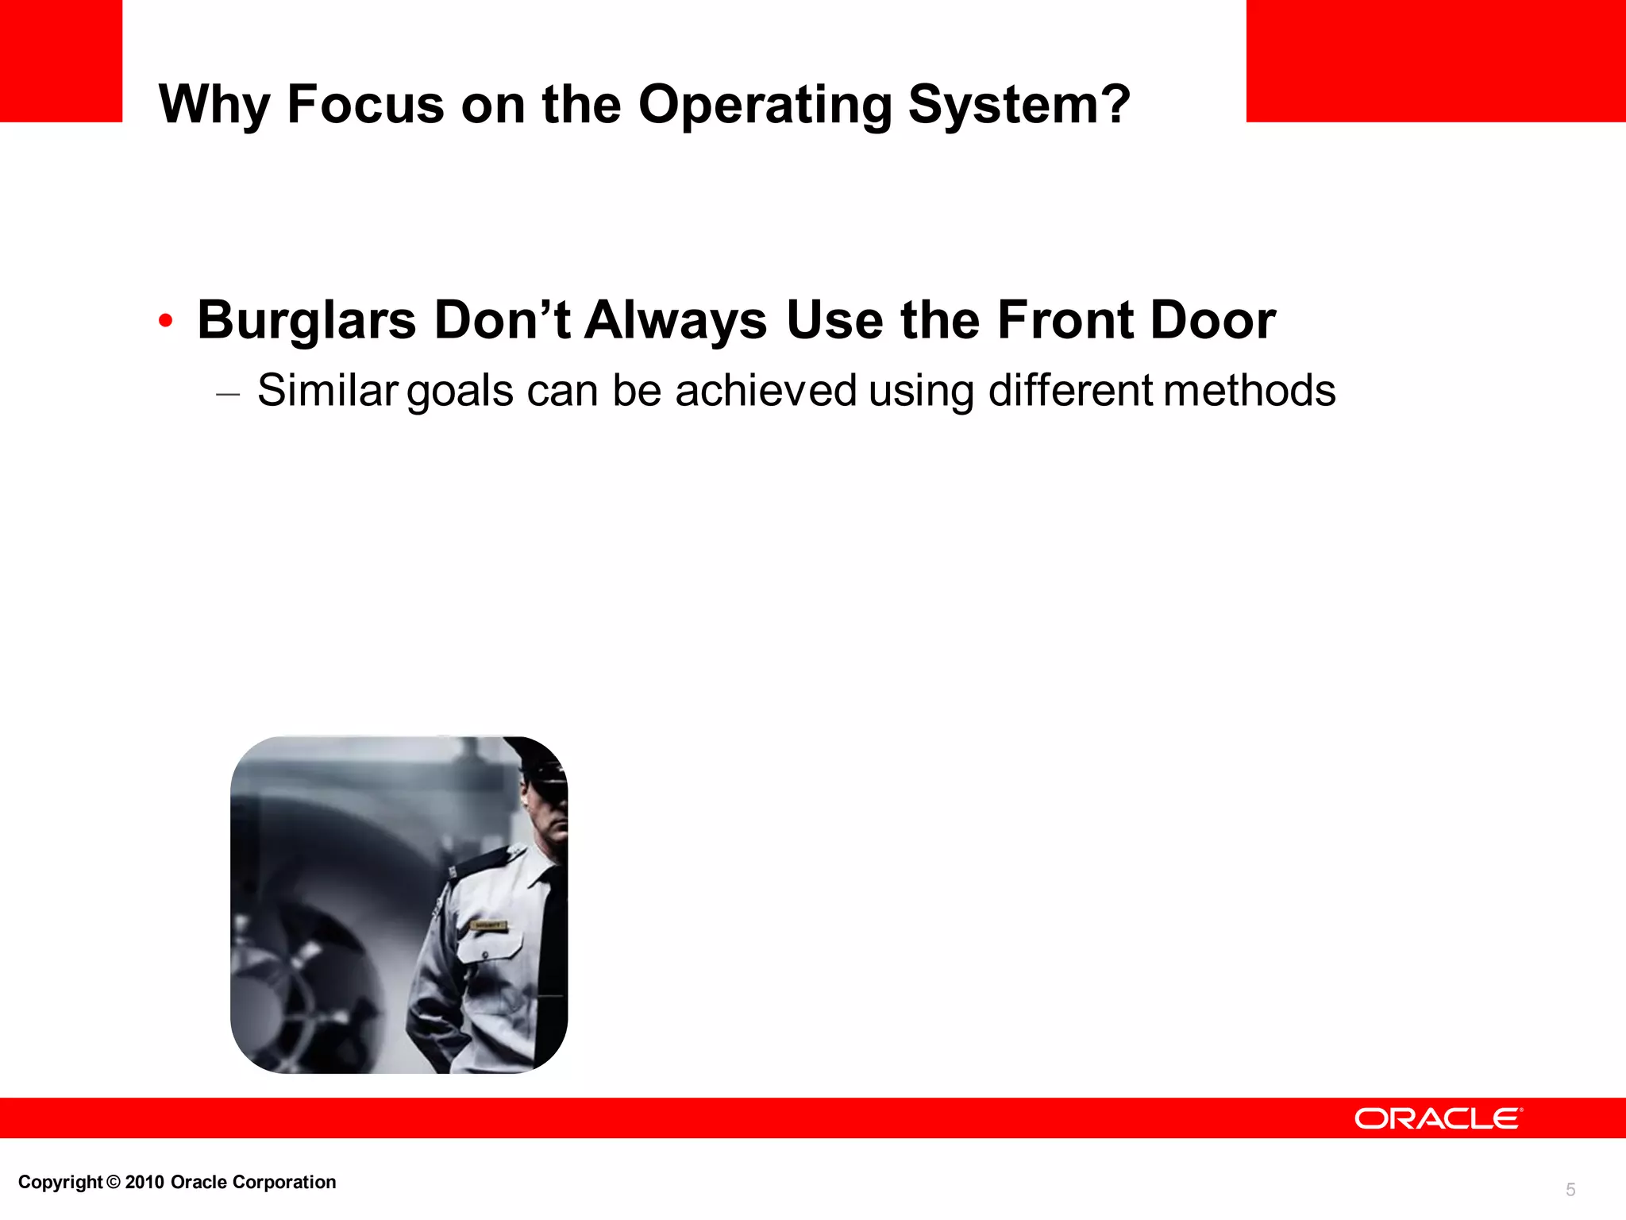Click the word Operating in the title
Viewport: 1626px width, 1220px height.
pyautogui.click(x=765, y=105)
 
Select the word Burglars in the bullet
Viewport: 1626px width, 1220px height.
pyautogui.click(x=306, y=320)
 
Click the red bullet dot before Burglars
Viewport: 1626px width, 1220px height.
pyautogui.click(x=165, y=321)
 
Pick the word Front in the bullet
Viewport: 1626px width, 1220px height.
pyautogui.click(x=1064, y=320)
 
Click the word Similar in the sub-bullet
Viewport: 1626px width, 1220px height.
pyautogui.click(x=327, y=390)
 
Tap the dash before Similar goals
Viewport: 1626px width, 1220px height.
pyautogui.click(x=227, y=393)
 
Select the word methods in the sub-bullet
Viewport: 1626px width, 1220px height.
pyautogui.click(x=1250, y=390)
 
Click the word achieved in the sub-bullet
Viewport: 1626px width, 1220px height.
pyautogui.click(x=765, y=390)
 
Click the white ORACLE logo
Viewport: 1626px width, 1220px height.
pyautogui.click(x=1438, y=1118)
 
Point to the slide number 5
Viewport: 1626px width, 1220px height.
pyautogui.click(x=1570, y=1189)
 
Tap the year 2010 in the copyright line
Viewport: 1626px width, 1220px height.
pyautogui.click(x=144, y=1182)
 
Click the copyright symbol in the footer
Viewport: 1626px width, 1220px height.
pyautogui.click(x=114, y=1182)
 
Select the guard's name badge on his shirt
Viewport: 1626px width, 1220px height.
pyautogui.click(x=489, y=926)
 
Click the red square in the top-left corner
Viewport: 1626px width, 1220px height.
pyautogui.click(x=61, y=60)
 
